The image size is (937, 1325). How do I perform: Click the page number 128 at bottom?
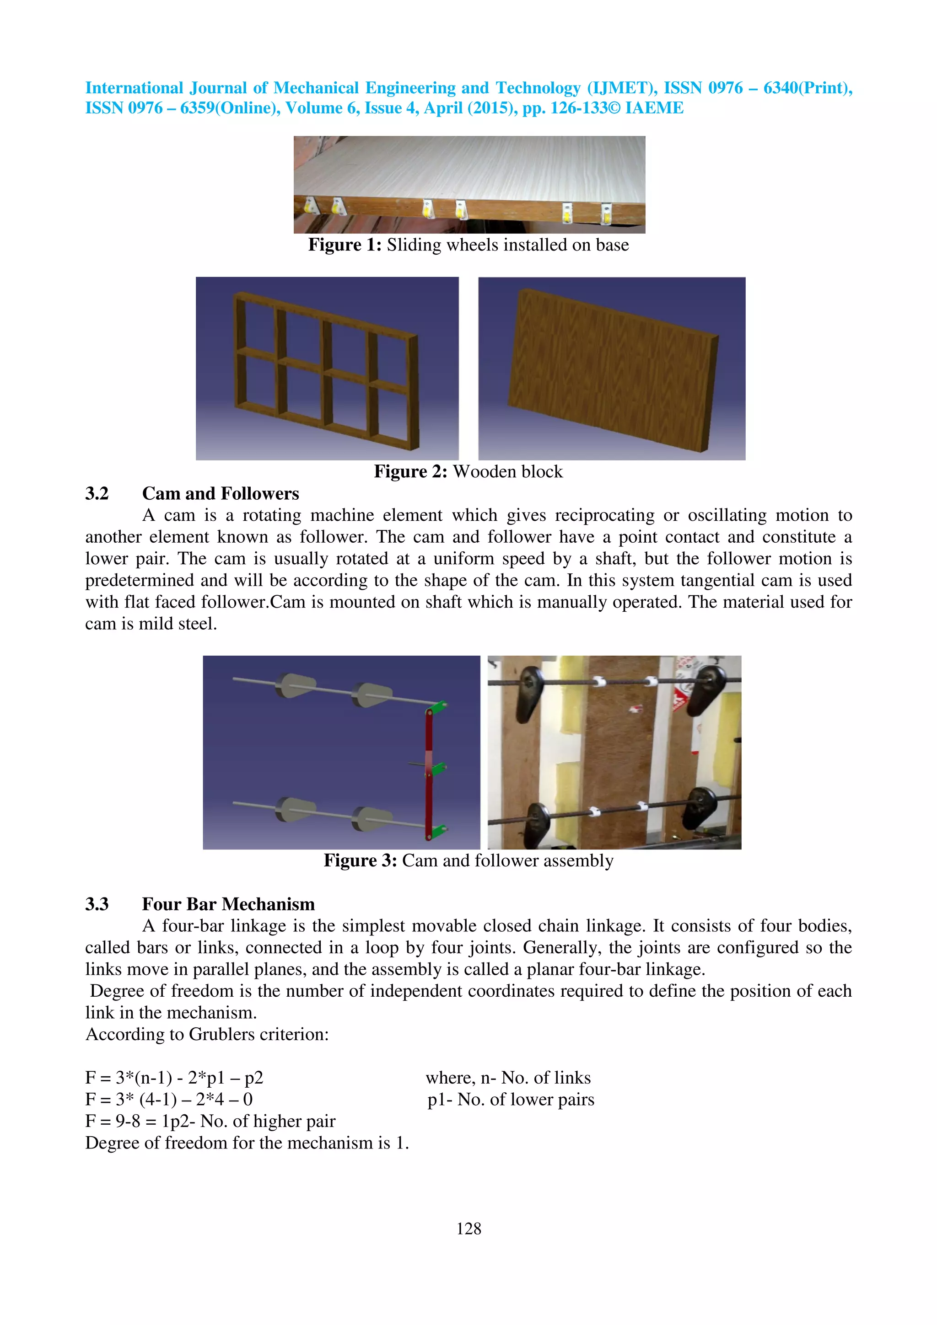(468, 1228)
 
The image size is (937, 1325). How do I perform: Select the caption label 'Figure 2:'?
(410, 471)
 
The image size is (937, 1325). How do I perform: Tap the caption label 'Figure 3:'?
(360, 860)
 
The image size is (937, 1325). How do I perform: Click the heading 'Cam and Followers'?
(221, 493)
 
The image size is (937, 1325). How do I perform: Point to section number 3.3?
(97, 904)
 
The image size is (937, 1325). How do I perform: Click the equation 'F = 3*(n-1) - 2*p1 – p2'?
(174, 1078)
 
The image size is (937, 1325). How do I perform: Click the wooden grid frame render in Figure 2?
(326, 369)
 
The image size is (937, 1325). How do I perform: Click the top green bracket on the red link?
(438, 706)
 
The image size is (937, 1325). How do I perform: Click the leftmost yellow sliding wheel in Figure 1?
(309, 205)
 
